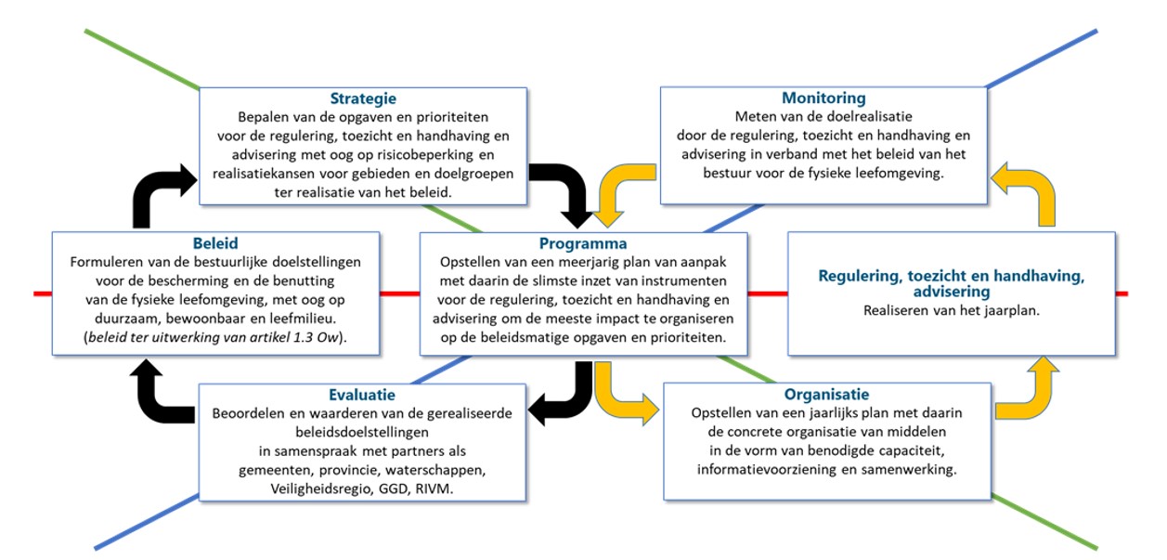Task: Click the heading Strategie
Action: point(363,98)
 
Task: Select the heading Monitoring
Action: point(823,98)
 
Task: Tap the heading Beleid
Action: point(215,244)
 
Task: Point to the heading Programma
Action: point(582,244)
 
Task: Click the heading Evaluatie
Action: point(362,395)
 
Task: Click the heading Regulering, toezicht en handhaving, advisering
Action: point(952,284)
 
